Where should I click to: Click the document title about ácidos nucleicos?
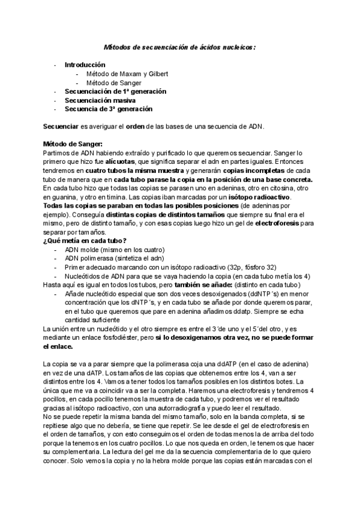point(179,46)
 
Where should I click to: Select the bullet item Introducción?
point(85,65)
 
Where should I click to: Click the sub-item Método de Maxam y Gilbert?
point(127,74)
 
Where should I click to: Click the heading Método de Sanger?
point(73,144)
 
